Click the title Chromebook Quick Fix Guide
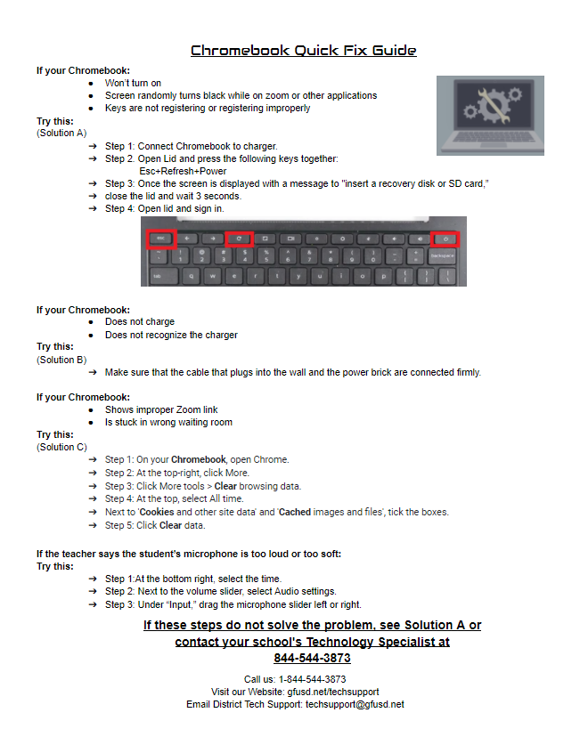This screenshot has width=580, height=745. [x=303, y=51]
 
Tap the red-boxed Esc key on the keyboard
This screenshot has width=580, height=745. [x=161, y=239]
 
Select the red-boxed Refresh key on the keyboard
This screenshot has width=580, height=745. [x=239, y=239]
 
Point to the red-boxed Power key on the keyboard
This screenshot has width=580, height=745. [x=445, y=239]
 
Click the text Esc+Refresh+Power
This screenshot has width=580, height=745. [x=183, y=171]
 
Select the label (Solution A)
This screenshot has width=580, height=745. [x=61, y=133]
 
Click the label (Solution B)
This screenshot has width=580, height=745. [x=61, y=360]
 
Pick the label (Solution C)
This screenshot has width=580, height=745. [x=61, y=447]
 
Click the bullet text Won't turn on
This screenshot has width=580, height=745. [x=133, y=83]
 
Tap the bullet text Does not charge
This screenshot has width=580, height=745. [x=140, y=322]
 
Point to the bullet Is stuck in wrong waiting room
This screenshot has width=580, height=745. [x=168, y=423]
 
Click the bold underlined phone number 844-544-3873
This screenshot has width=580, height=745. [x=312, y=658]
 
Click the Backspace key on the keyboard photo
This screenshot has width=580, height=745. [x=446, y=255]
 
